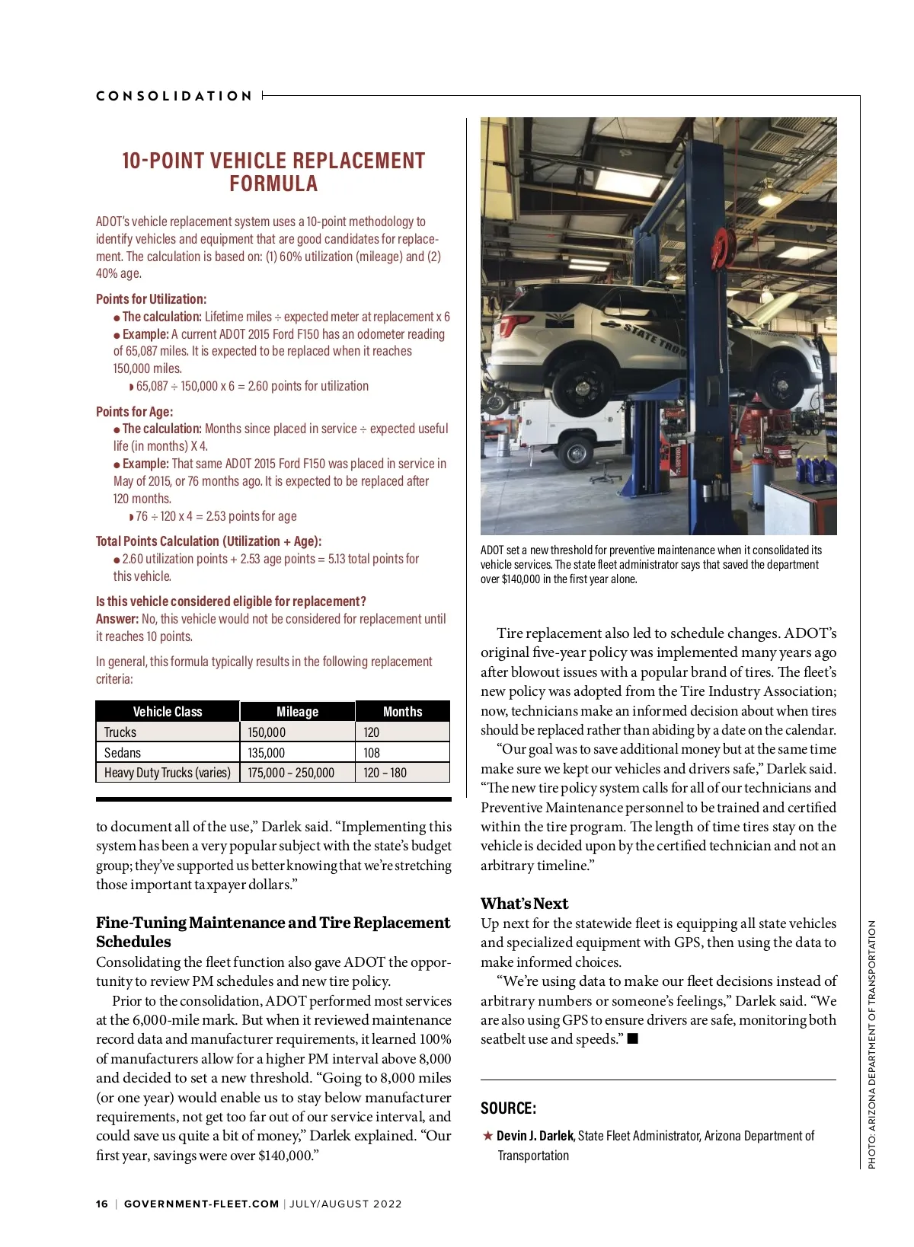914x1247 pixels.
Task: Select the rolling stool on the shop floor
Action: [x=601, y=476]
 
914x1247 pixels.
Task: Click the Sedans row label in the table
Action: [x=123, y=753]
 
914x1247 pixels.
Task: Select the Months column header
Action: [x=402, y=712]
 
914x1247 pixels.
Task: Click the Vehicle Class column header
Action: [x=168, y=712]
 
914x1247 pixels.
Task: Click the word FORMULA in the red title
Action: [x=273, y=184]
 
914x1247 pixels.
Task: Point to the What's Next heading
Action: [x=524, y=904]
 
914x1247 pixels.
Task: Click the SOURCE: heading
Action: [x=508, y=1108]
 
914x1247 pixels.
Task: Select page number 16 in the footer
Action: [x=102, y=1204]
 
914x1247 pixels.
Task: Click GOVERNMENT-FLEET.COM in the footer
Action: [x=201, y=1204]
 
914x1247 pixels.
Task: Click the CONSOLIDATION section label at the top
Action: [x=174, y=96]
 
